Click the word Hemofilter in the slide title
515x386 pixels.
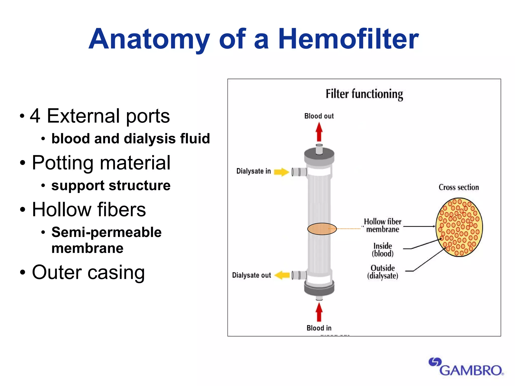pyautogui.click(x=348, y=39)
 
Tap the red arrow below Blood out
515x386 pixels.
pyautogui.click(x=319, y=132)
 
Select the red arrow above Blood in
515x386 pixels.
pyautogui.click(x=319, y=312)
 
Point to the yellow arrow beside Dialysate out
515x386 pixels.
pyautogui.click(x=282, y=275)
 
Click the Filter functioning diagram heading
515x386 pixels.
pyautogui.click(x=364, y=94)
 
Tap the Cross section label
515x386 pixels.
pyautogui.click(x=459, y=187)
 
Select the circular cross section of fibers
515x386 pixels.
pyautogui.click(x=459, y=227)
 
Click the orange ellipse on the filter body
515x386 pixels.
pyautogui.click(x=322, y=229)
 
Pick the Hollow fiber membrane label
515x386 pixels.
pyautogui.click(x=382, y=225)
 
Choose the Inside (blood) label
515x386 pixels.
pyautogui.click(x=382, y=250)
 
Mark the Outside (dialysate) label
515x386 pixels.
pyautogui.click(x=382, y=272)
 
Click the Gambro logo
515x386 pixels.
pyautogui.click(x=466, y=367)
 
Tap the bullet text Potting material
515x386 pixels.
pyautogui.click(x=101, y=163)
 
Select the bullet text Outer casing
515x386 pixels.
pyautogui.click(x=88, y=272)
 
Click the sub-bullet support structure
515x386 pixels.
pyautogui.click(x=111, y=185)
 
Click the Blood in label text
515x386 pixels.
pyautogui.click(x=319, y=328)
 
